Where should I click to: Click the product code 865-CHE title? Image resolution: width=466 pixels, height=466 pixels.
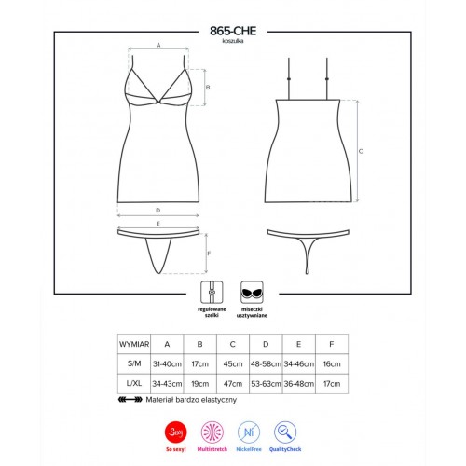233,31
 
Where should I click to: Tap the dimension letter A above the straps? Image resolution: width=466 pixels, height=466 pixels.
158,45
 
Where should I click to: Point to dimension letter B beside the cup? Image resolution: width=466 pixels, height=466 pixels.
208,88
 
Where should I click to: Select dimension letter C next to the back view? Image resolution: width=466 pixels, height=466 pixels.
361,151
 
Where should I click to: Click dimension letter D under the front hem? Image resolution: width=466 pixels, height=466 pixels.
158,211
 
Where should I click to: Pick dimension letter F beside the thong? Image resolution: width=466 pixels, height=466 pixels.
209,254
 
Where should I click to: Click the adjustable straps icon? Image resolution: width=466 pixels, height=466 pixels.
212,292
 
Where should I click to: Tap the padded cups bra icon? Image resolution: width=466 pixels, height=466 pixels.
252,292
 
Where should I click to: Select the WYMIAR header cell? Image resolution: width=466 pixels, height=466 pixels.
134,344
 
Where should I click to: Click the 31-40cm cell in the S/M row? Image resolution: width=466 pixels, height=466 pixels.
167,363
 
